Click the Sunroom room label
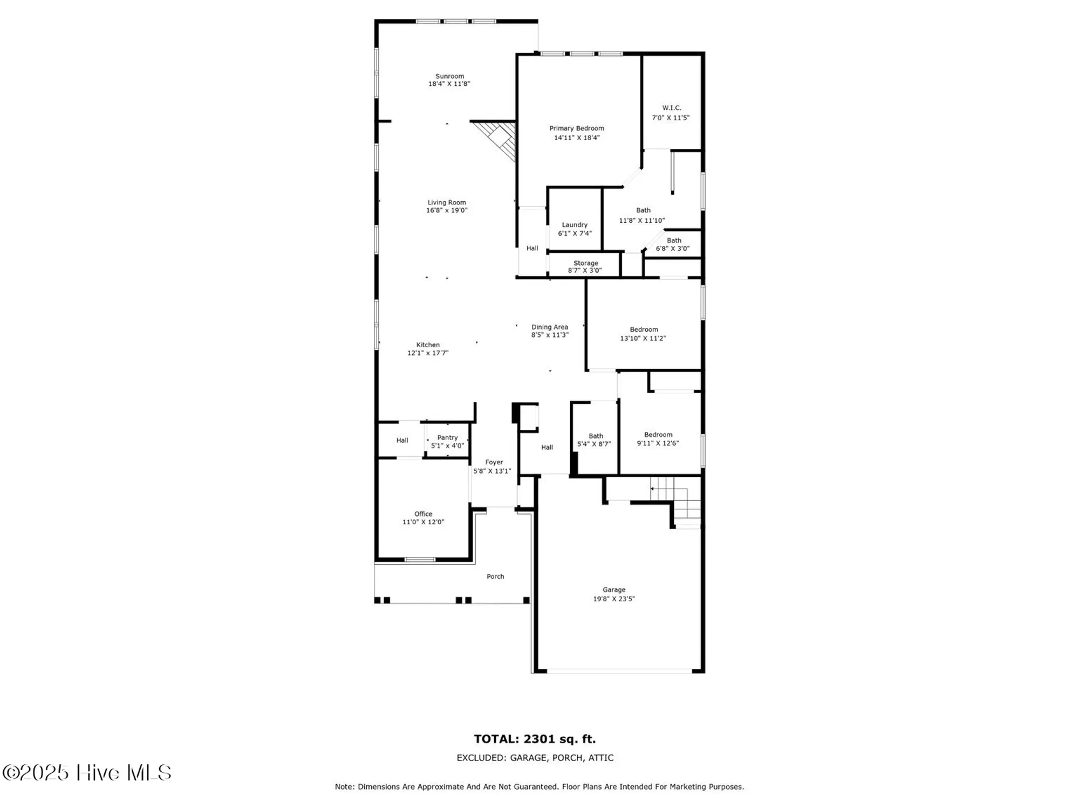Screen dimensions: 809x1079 (x=449, y=77)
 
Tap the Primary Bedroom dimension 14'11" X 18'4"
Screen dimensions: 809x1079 (x=577, y=138)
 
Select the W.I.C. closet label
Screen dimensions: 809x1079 (x=672, y=108)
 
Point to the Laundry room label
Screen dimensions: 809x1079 (x=575, y=225)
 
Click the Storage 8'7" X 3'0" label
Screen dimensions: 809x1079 (x=585, y=267)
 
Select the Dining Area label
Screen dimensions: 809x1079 (x=549, y=327)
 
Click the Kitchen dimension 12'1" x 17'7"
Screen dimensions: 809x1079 (x=428, y=353)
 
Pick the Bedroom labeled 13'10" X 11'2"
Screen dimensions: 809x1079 (x=643, y=334)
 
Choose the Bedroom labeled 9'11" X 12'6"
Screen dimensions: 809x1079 (x=658, y=439)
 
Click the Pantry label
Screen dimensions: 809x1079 (x=447, y=438)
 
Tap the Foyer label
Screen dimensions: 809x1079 (x=494, y=462)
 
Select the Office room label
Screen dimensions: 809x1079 (x=423, y=514)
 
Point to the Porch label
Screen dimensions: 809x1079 (x=495, y=577)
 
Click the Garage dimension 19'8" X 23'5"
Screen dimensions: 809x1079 (x=614, y=599)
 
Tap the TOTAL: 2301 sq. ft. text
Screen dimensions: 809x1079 (x=535, y=739)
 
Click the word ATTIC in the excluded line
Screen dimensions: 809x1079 (x=600, y=758)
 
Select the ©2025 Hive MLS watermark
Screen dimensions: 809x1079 (x=87, y=773)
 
